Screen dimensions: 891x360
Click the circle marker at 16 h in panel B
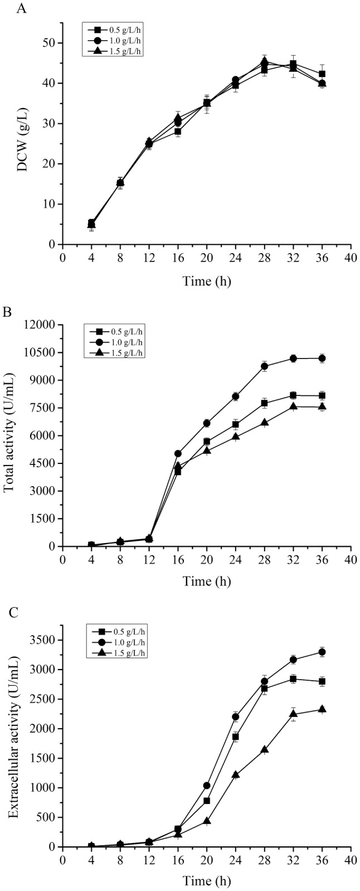(178, 454)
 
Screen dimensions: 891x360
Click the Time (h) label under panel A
(207, 280)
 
